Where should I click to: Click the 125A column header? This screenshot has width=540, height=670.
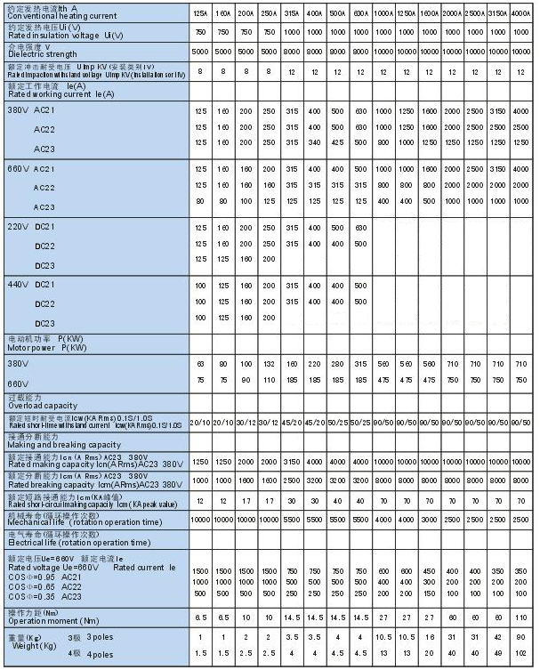(200, 14)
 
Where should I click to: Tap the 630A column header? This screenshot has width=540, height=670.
(360, 14)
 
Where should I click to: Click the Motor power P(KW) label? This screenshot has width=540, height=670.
(48, 348)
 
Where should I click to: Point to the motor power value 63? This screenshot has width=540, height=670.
(200, 364)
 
